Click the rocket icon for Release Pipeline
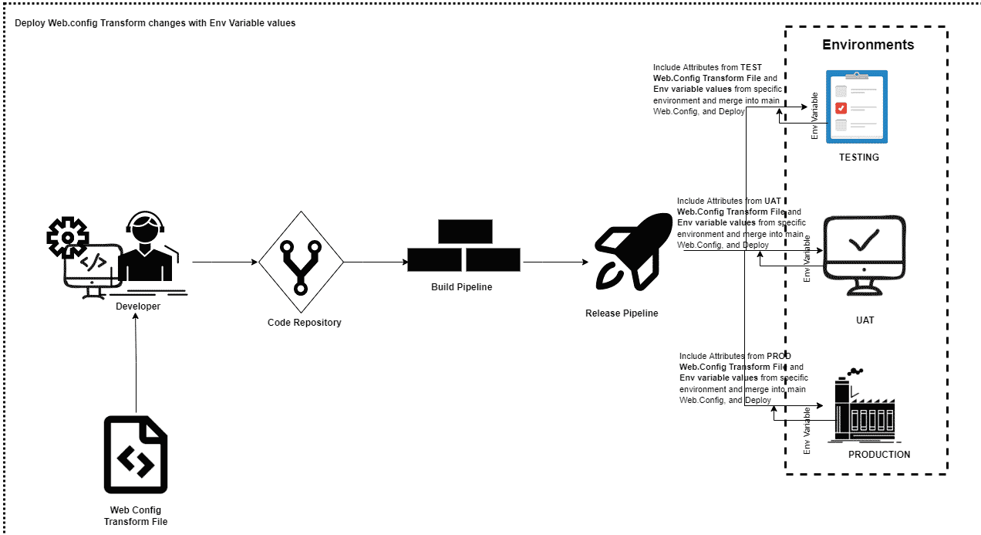click(633, 252)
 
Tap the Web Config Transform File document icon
click(136, 455)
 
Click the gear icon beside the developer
click(67, 237)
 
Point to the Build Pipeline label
click(462, 286)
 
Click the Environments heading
click(868, 45)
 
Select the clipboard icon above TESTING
click(857, 107)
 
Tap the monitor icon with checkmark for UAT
click(865, 256)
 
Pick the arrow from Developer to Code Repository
click(224, 262)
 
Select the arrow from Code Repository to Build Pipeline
click(376, 262)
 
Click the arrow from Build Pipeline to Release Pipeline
click(556, 262)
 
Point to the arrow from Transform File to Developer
click(136, 363)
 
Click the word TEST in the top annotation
click(751, 67)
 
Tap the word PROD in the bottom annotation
click(779, 356)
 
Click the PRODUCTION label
click(879, 454)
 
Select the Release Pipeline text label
click(622, 313)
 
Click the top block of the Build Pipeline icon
click(465, 231)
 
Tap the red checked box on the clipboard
click(841, 108)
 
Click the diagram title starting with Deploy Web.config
click(155, 23)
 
